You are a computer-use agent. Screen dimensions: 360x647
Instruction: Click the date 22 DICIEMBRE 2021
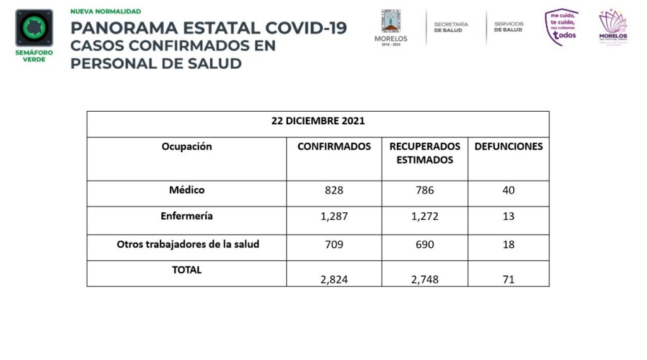pyautogui.click(x=318, y=121)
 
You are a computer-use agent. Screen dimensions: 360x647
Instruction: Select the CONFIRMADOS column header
pyautogui.click(x=334, y=147)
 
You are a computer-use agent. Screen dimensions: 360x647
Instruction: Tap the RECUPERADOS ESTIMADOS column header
pyautogui.click(x=425, y=153)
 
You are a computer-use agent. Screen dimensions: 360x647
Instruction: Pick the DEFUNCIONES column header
pyautogui.click(x=509, y=147)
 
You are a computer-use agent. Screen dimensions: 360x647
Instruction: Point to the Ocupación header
pyautogui.click(x=186, y=147)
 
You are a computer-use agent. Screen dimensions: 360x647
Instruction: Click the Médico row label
pyautogui.click(x=186, y=189)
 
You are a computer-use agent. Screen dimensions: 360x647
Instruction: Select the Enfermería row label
pyautogui.click(x=186, y=216)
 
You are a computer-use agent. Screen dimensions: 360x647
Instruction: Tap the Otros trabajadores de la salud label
pyautogui.click(x=188, y=244)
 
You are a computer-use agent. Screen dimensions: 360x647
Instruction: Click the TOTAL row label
pyautogui.click(x=186, y=270)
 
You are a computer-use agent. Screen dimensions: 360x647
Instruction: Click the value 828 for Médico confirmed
pyautogui.click(x=334, y=190)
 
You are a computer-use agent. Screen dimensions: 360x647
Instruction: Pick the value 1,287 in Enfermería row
pyautogui.click(x=334, y=217)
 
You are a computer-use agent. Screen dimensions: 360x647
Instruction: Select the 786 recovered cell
pyautogui.click(x=425, y=190)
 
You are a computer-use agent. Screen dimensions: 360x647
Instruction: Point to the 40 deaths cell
pyautogui.click(x=509, y=190)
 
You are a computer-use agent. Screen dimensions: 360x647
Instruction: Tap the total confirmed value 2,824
pyautogui.click(x=334, y=279)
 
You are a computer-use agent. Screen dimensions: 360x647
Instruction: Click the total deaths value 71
pyautogui.click(x=509, y=279)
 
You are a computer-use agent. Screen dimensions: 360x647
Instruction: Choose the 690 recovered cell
pyautogui.click(x=425, y=244)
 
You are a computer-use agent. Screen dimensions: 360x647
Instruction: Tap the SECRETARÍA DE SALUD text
pyautogui.click(x=450, y=27)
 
